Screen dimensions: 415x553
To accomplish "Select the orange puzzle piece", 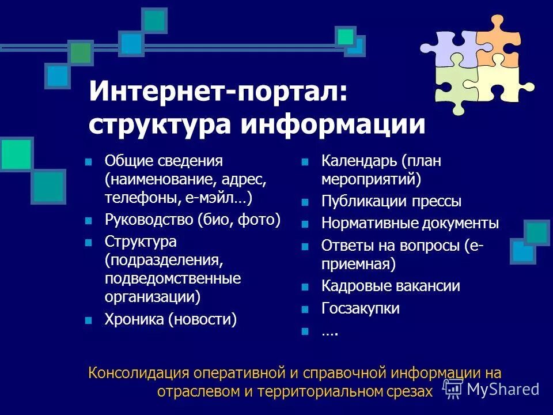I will click(498, 40).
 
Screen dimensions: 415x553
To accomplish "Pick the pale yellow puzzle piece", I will click(502, 85).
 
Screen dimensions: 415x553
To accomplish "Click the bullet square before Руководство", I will click(88, 220).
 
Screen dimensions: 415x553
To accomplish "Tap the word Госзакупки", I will click(360, 308).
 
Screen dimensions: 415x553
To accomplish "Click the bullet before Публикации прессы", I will click(305, 202).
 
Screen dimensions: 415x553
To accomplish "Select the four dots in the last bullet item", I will click(329, 331).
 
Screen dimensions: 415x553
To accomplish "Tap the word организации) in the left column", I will click(152, 297).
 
